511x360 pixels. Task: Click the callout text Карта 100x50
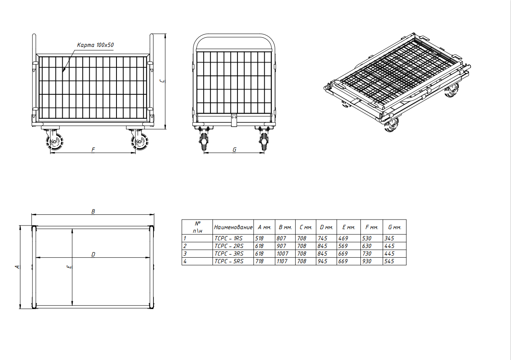[x=95, y=45]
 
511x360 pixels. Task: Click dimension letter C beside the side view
[x=162, y=81]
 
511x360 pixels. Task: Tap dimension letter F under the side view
[x=93, y=150]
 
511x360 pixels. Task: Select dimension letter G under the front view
[x=234, y=150]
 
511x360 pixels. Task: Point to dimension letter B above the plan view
[x=93, y=212]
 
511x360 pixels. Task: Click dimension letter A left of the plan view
[x=17, y=266]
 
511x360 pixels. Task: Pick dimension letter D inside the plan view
[x=93, y=254]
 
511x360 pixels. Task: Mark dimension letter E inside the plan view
[x=69, y=266]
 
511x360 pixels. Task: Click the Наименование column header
[x=233, y=227]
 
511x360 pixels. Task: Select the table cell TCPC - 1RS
[x=229, y=238]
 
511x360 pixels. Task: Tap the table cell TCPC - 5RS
[x=229, y=261]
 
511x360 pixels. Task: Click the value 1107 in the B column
[x=282, y=261]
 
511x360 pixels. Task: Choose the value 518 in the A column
[x=260, y=238]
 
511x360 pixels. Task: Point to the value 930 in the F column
[x=367, y=261]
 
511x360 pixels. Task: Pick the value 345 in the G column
[x=389, y=238]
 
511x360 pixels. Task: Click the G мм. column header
[x=394, y=227]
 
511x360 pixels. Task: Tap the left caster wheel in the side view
[x=55, y=141]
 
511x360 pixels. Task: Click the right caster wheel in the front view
[x=264, y=141]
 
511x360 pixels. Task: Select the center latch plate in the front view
[x=234, y=120]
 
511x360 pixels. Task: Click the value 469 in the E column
[x=343, y=238]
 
